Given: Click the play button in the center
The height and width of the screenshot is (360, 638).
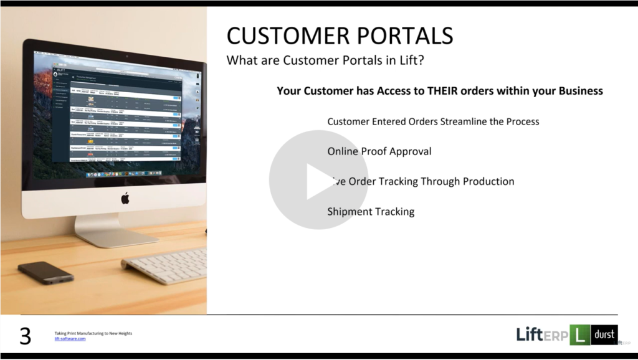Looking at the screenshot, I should click(318, 181).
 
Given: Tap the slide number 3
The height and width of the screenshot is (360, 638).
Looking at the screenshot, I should click(25, 336).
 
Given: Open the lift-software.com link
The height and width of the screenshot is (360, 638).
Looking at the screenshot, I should click(70, 339).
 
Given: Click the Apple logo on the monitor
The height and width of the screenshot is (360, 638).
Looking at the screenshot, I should click(125, 198).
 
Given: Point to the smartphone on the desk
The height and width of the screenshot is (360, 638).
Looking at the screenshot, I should click(45, 272).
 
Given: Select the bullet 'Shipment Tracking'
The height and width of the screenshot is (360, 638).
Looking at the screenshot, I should click(371, 212).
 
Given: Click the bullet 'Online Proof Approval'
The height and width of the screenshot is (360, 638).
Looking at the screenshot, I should click(379, 151).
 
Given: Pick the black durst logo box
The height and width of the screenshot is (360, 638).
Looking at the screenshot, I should click(604, 334).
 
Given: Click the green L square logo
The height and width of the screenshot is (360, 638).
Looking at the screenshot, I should click(579, 335).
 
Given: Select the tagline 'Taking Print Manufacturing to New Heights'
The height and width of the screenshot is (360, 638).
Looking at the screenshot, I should click(93, 333).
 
